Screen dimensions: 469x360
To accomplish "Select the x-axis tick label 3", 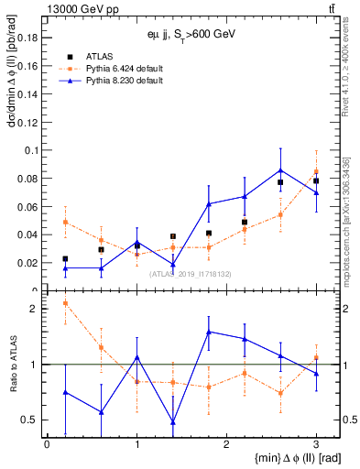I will (x=316, y=443).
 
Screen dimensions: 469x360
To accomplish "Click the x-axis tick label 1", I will (x=136, y=443).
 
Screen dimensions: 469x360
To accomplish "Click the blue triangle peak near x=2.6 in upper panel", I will (x=280, y=169).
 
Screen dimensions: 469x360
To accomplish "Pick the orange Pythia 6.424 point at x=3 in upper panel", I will (x=316, y=172).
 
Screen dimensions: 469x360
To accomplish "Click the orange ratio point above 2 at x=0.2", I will (x=65, y=303).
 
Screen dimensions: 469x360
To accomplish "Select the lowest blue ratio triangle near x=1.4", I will (x=172, y=422).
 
